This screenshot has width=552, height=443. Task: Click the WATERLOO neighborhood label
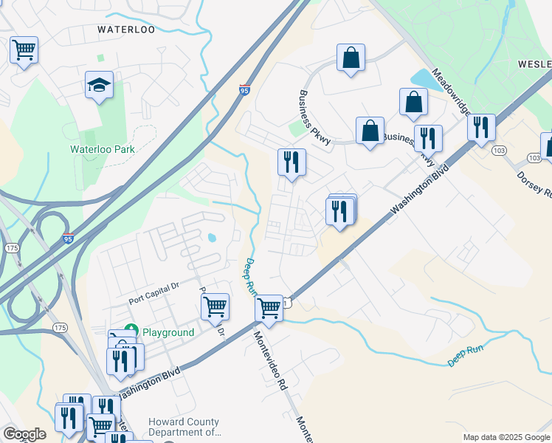pos(126,30)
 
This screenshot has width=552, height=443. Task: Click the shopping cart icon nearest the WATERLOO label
pos(24,51)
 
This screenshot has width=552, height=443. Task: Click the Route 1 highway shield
pos(285,303)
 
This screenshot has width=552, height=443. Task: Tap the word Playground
pos(168,332)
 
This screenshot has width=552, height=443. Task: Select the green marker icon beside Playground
pos(132,329)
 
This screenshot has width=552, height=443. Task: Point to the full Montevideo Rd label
pos(271,361)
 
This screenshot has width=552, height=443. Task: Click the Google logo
pos(24,434)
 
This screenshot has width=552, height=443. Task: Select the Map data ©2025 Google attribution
pos(506,437)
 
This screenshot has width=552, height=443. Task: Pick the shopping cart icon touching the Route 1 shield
pos(269,308)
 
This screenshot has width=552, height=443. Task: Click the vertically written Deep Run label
pos(249,277)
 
